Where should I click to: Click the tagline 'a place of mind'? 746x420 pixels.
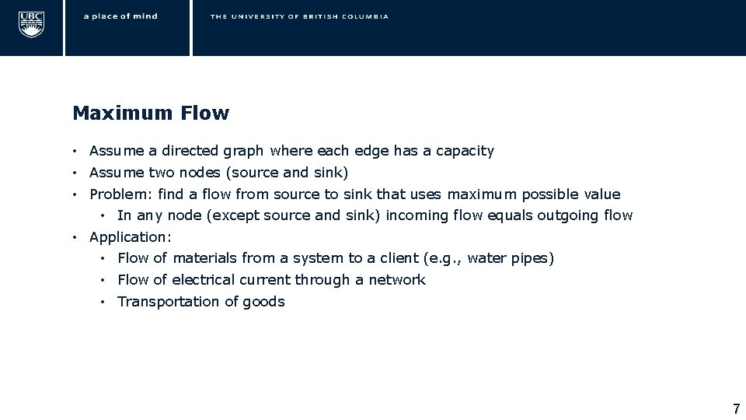(x=120, y=16)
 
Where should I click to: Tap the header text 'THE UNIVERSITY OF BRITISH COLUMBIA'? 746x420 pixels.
(x=299, y=16)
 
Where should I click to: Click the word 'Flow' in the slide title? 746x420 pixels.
(x=204, y=114)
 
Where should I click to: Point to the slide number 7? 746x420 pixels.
(x=736, y=408)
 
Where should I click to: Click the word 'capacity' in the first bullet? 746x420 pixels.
(x=465, y=151)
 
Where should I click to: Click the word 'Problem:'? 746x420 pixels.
(x=115, y=194)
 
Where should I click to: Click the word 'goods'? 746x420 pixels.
(x=265, y=302)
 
